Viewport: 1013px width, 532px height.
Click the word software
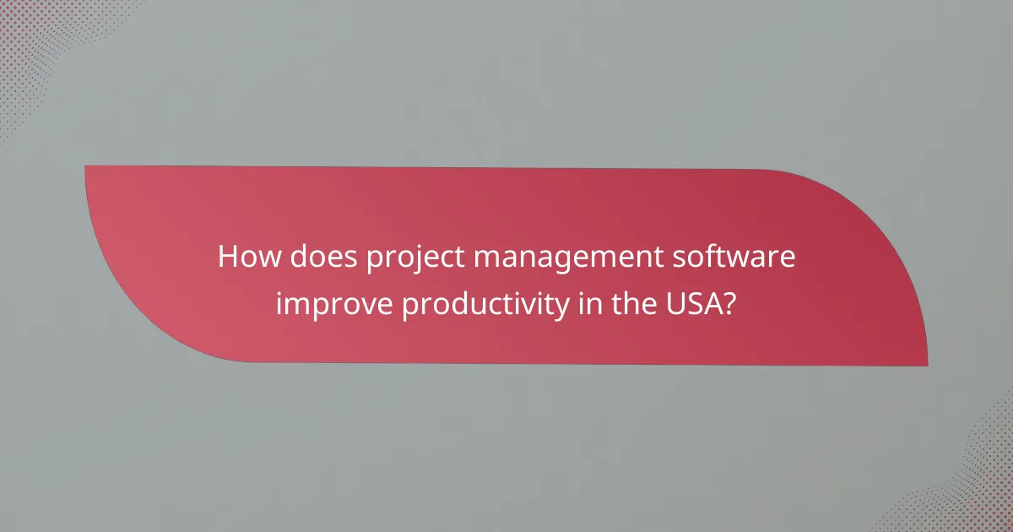click(737, 257)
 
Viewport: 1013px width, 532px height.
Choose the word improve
click(333, 305)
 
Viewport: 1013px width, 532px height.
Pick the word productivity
click(485, 305)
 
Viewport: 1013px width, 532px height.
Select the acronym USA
click(696, 302)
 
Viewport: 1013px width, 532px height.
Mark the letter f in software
click(707, 256)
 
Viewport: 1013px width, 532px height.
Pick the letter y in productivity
click(561, 307)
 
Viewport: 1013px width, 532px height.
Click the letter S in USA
click(696, 302)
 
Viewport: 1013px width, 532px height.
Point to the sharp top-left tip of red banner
click(87, 167)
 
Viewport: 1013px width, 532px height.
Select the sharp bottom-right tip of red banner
click(926, 365)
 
